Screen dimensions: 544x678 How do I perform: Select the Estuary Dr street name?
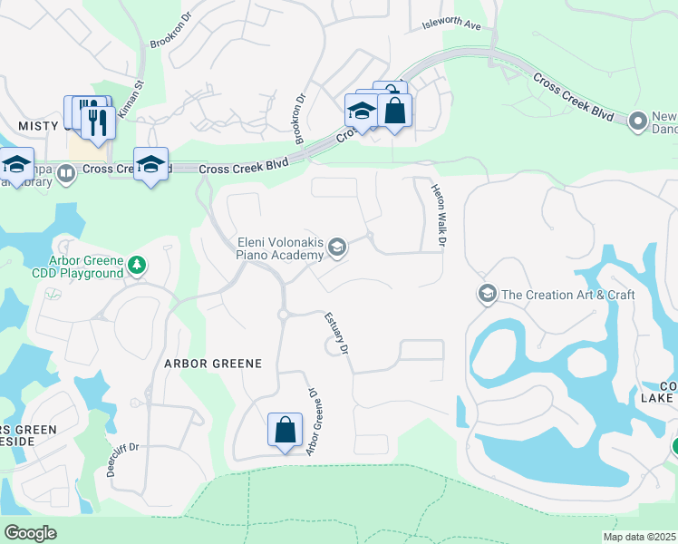pos(336,333)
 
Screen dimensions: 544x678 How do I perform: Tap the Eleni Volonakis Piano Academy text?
pos(279,248)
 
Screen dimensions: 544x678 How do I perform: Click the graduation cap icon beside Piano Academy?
pos(336,248)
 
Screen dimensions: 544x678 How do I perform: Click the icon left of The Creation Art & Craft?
pos(487,294)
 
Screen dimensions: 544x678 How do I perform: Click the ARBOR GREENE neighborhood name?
pos(212,364)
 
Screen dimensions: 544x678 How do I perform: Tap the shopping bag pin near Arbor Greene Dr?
pos(285,429)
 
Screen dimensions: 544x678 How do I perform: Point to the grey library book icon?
pos(66,172)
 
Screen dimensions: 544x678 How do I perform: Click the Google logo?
pos(30,533)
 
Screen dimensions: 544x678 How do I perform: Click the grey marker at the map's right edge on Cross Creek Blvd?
pos(637,120)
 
